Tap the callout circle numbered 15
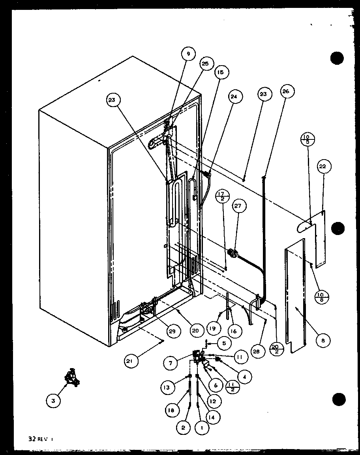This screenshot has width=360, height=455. (220, 72)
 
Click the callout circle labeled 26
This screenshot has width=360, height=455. (286, 92)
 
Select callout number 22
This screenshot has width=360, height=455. (322, 167)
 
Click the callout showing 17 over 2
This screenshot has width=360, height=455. (222, 195)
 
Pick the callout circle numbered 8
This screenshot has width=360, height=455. (323, 340)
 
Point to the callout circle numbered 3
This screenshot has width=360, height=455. (52, 401)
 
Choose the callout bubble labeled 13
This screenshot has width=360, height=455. (168, 388)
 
